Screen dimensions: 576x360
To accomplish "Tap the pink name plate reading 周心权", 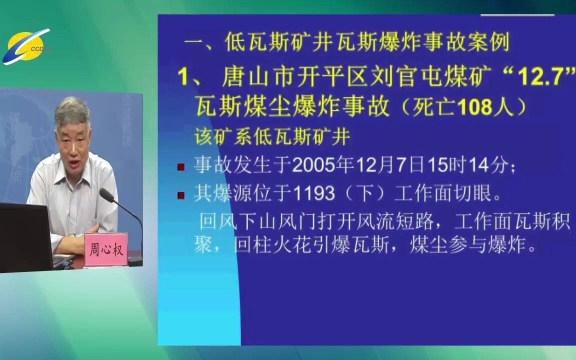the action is coord(106,249).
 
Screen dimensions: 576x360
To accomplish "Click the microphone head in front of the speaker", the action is coord(107,195).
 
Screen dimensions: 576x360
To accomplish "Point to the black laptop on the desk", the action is coord(25,237).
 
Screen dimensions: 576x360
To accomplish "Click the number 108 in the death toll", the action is coord(475,107).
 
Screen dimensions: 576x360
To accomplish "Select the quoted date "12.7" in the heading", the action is coord(540,77).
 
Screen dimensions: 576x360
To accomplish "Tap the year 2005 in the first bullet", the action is coord(315,165).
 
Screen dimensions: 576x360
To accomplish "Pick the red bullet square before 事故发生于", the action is coord(180,167).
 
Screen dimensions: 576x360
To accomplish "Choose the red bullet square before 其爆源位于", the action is coord(180,194).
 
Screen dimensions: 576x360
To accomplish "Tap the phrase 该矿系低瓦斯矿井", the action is coord(272,137).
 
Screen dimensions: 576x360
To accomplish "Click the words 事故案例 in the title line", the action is coord(466,42).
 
